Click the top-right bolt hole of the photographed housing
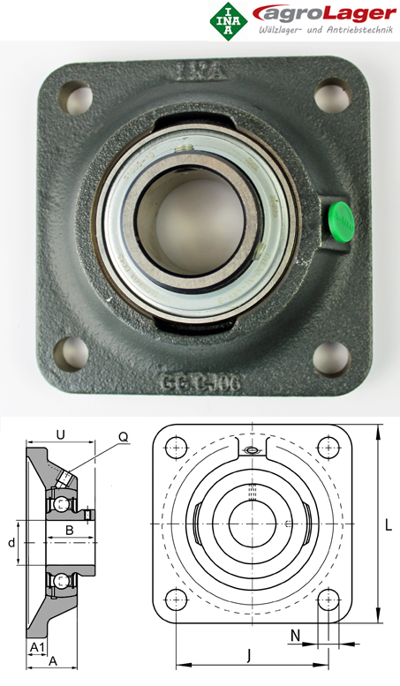pos(331,91)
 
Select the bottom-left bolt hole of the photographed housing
pos(71,353)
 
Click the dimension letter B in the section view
pos(69,530)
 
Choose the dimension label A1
pos(36,647)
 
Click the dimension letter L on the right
pos(388,525)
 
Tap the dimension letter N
pos(296,634)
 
